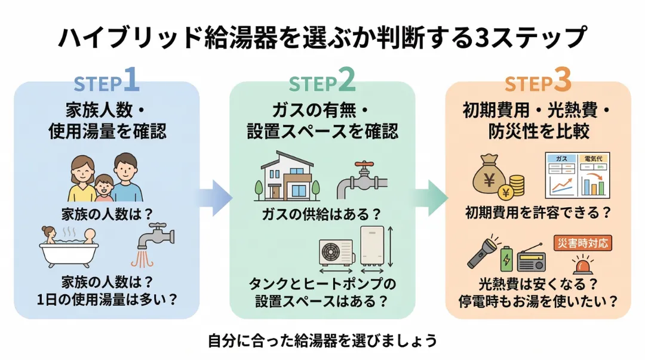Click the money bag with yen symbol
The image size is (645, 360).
(x=489, y=176)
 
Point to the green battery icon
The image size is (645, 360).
(x=506, y=257)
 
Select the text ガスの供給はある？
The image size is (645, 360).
(x=322, y=213)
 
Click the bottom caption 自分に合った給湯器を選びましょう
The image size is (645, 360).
(x=322, y=340)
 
